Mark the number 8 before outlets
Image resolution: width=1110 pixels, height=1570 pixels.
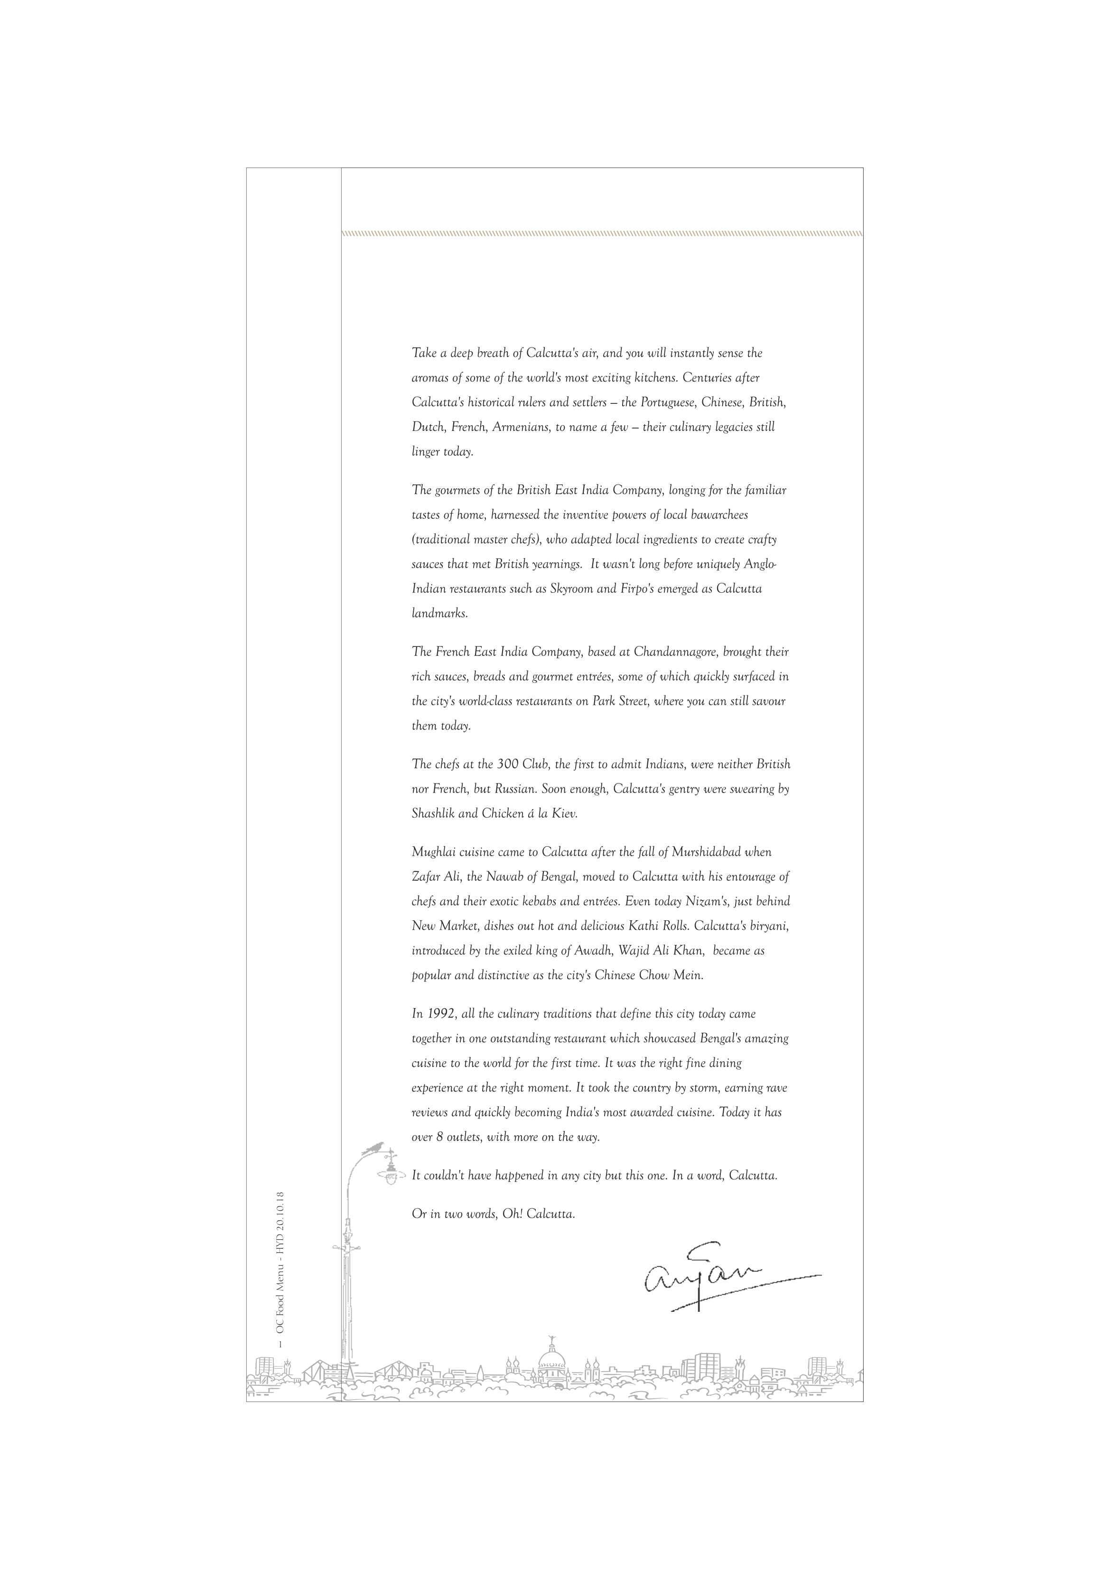(440, 1137)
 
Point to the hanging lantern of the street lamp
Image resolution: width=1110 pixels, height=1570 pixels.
(391, 1176)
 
